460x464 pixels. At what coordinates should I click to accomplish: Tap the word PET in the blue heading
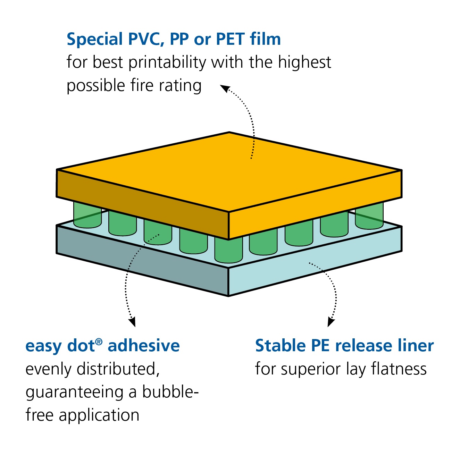(x=231, y=39)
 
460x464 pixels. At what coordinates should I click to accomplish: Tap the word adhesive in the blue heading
(x=144, y=346)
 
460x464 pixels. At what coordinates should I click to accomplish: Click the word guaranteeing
(x=74, y=393)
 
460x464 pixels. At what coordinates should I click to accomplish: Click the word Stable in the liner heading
(x=280, y=346)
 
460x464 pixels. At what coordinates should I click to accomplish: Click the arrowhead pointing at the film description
(x=225, y=88)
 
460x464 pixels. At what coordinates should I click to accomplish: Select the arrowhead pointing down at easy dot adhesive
(x=132, y=322)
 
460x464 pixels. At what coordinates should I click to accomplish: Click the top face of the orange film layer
(x=229, y=171)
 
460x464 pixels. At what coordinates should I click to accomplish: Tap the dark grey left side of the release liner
(x=142, y=260)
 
